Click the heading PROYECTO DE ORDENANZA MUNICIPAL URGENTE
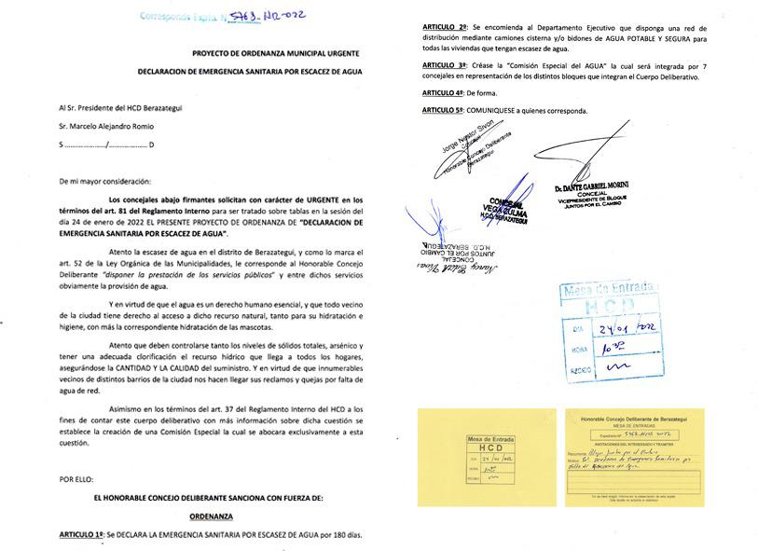[277, 56]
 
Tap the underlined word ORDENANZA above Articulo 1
[211, 515]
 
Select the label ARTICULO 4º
[443, 93]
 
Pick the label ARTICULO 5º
[445, 110]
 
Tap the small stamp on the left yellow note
[490, 460]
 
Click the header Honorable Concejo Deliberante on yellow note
[633, 421]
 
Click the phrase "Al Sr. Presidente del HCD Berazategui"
[119, 108]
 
